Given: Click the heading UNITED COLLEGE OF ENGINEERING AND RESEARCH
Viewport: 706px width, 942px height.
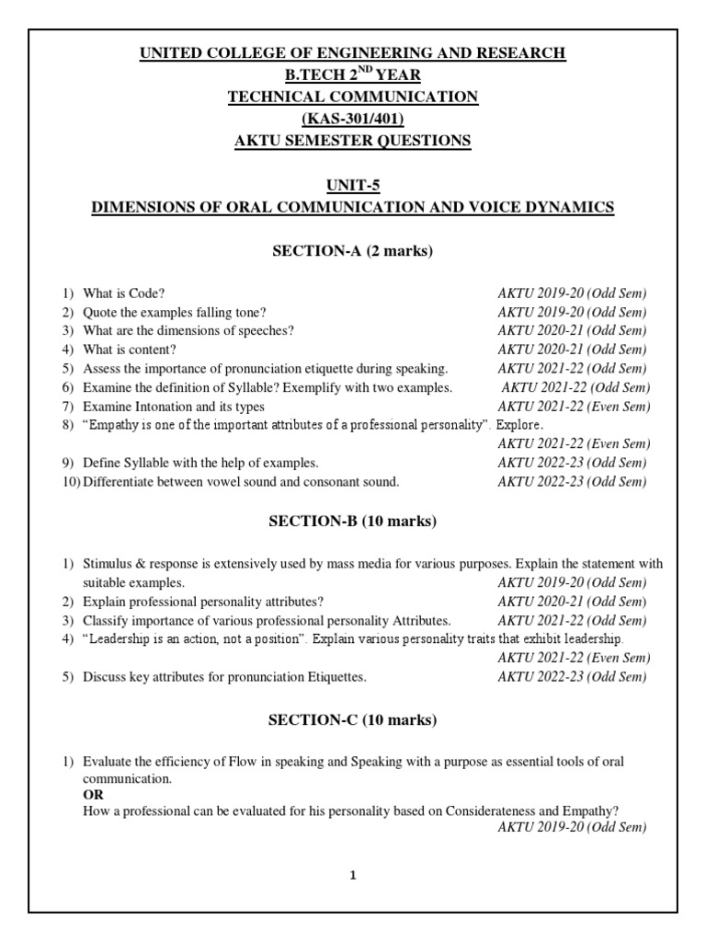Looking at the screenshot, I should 353,53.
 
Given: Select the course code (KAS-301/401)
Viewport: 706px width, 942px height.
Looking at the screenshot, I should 353,118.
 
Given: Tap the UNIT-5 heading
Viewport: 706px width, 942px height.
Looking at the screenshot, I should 353,184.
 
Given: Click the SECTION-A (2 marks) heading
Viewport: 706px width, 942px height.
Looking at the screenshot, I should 353,251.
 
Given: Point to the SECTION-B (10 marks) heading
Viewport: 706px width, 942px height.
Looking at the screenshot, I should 353,522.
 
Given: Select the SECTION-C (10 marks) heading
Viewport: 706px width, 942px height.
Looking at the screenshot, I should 353,719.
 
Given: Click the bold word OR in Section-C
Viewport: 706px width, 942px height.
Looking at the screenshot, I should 93,794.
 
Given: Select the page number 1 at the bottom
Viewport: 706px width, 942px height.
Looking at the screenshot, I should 352,876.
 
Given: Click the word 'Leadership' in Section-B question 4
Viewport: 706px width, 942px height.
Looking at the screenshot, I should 120,638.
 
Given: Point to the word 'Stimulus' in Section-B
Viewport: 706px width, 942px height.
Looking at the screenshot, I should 107,563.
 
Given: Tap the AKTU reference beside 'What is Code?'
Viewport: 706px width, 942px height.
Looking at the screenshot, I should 572,293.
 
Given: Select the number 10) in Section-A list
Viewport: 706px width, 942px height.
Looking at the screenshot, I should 71,481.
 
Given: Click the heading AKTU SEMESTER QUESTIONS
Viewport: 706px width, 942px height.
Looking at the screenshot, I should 353,140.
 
